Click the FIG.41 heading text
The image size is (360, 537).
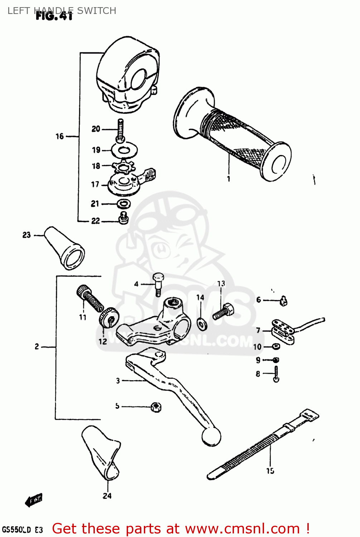pyautogui.click(x=54, y=16)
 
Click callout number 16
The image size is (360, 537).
pyautogui.click(x=59, y=136)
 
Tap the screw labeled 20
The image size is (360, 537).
pyautogui.click(x=120, y=130)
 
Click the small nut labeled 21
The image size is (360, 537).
pyautogui.click(x=124, y=204)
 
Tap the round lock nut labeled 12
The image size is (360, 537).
pyautogui.click(x=108, y=318)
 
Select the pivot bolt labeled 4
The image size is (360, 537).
pyautogui.click(x=158, y=283)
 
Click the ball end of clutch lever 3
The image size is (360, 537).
pyautogui.click(x=211, y=436)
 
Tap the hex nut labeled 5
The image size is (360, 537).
pyautogui.click(x=156, y=407)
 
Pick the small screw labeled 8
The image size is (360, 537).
pyautogui.click(x=276, y=374)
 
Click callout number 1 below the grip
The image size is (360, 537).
pyautogui.click(x=229, y=179)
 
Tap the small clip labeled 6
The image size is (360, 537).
pyautogui.click(x=284, y=301)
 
